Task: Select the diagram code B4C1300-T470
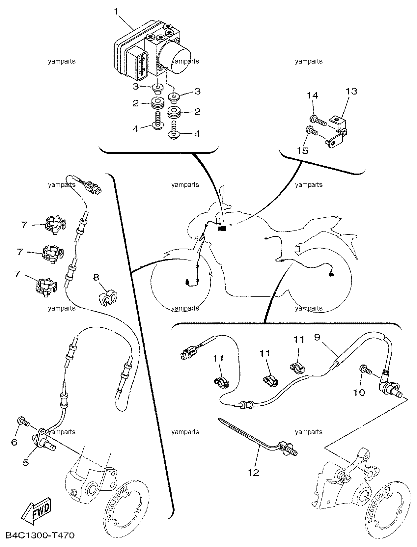pos(40,535)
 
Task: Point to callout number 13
pos(351,91)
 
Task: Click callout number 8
pos(96,277)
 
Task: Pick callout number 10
pos(359,393)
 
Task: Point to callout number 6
pos(14,442)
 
